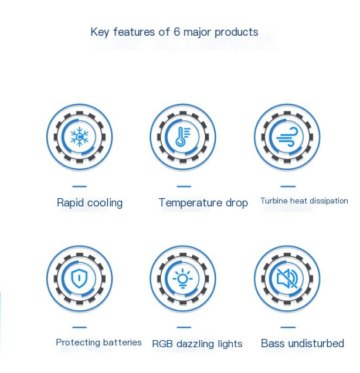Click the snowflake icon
(x=79, y=137)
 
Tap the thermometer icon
(x=183, y=137)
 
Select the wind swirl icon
(x=287, y=137)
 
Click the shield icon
(x=79, y=279)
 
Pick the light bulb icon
(x=182, y=279)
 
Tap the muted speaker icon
(x=287, y=279)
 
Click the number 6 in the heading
(x=177, y=32)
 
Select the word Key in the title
(x=100, y=32)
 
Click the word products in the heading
(x=236, y=32)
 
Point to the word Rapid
(x=70, y=203)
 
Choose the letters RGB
(x=162, y=344)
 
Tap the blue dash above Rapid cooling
(x=79, y=186)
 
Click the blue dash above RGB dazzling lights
(x=184, y=327)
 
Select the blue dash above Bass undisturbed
(x=288, y=327)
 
